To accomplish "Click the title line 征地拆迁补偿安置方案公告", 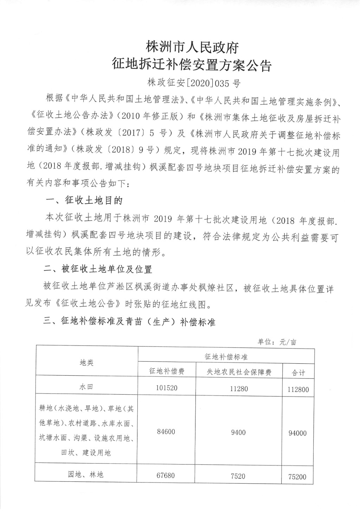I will [192, 66].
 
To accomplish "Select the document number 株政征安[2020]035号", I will [194, 84].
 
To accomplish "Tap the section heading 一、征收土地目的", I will [84, 201].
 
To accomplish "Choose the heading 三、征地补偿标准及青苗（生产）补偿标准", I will [129, 322].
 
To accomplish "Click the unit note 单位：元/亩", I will [277, 342].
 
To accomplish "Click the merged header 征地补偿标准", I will [226, 356].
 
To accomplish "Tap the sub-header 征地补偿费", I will [167, 371].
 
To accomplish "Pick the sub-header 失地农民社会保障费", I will [239, 372].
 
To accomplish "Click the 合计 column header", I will [298, 372].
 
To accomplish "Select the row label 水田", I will [86, 387].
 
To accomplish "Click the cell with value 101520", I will [167, 388].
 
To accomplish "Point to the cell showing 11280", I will [239, 389].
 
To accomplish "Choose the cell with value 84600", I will [166, 432].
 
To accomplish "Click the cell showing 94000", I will [297, 433].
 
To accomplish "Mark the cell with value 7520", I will [238, 476].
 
